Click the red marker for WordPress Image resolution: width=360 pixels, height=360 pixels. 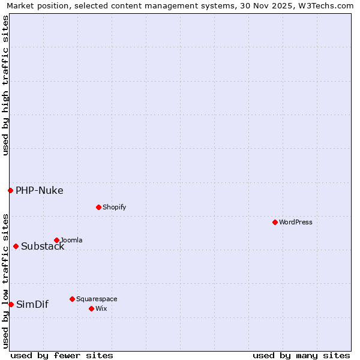pyautogui.click(x=275, y=222)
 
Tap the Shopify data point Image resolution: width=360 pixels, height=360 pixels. pyautogui.click(x=98, y=207)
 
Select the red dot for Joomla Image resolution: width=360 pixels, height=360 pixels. pyautogui.click(x=56, y=240)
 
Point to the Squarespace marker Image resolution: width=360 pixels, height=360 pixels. pyautogui.click(x=72, y=299)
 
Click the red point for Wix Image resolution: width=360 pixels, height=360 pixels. pyautogui.click(x=91, y=308)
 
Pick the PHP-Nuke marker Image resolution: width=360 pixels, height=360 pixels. pyautogui.click(x=10, y=190)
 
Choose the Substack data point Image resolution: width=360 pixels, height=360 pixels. pyautogui.click(x=16, y=246)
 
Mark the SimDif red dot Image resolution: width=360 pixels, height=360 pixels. pyautogui.click(x=11, y=304)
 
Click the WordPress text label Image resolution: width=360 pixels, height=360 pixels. pyautogui.click(x=296, y=222)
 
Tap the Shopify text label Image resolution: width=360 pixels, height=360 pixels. pyautogui.click(x=114, y=207)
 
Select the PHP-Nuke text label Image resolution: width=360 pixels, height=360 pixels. pyautogui.click(x=39, y=191)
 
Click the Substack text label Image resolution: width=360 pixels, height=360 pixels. pyautogui.click(x=43, y=247)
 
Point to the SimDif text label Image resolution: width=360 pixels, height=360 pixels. pyautogui.click(x=32, y=305)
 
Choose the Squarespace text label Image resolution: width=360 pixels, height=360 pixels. pyautogui.click(x=97, y=299)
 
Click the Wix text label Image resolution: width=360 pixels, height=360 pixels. pyautogui.click(x=101, y=308)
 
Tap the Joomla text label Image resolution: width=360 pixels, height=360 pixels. pyautogui.click(x=71, y=240)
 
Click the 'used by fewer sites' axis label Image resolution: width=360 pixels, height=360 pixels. pyautogui.click(x=62, y=355)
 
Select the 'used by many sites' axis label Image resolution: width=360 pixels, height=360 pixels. pyautogui.click(x=301, y=355)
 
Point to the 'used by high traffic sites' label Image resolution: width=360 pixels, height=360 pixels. pyautogui.click(x=5, y=85)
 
